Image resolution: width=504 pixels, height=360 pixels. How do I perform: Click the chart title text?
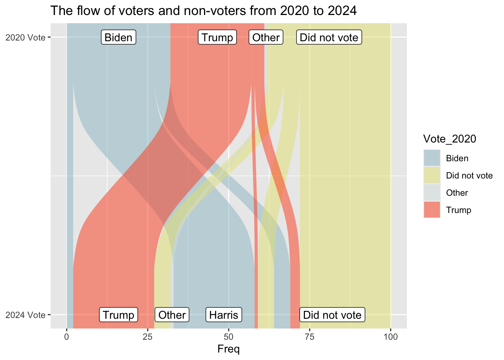tap(203, 10)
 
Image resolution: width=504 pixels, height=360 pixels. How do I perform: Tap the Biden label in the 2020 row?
tap(118, 37)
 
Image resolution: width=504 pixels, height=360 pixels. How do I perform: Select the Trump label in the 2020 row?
tap(217, 37)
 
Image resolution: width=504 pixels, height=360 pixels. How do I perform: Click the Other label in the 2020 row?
tap(266, 37)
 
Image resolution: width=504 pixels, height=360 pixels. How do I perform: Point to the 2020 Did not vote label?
tap(329, 37)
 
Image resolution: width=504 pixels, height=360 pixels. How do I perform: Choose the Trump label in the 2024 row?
tap(118, 315)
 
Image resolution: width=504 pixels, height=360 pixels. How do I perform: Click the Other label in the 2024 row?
tap(172, 315)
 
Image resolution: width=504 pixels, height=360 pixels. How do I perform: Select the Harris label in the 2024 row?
tap(224, 315)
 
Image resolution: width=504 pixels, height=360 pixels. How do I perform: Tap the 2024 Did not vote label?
tap(332, 315)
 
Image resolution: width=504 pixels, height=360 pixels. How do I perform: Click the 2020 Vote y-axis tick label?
tap(25, 37)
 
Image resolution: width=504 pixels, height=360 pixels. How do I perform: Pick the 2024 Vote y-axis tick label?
tap(25, 315)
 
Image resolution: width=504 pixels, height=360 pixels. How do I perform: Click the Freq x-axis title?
tap(228, 349)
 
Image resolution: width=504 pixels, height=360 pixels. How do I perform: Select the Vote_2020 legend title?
tap(449, 139)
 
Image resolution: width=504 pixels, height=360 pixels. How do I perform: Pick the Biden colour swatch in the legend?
tap(432, 158)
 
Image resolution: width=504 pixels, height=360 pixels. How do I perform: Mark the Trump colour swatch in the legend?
tap(432, 210)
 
